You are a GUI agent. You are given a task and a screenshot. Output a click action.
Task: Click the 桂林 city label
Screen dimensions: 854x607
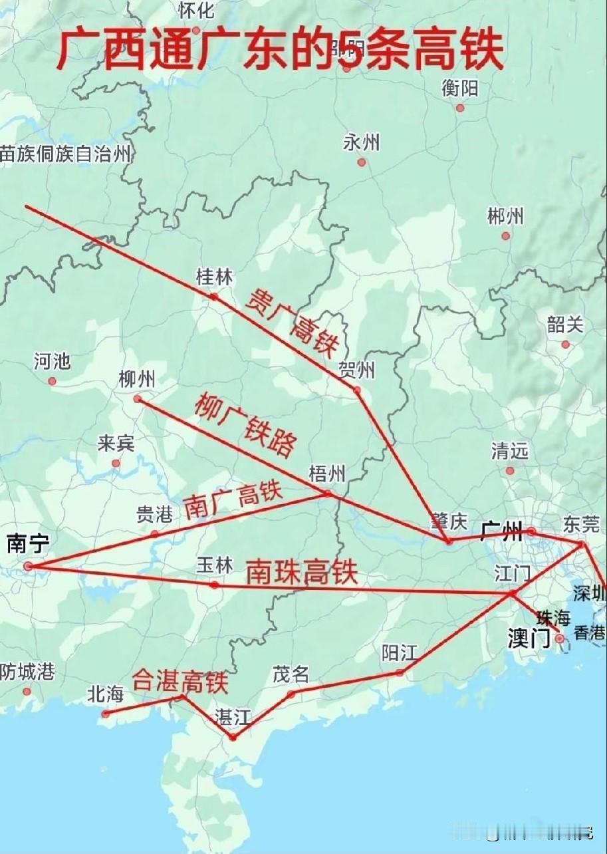pos(214,277)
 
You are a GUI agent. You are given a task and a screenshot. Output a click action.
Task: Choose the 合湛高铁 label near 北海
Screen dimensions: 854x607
pos(180,680)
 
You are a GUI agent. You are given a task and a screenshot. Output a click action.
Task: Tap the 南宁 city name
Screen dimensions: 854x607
pos(29,543)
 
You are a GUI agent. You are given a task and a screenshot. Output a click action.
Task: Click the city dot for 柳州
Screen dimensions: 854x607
pos(138,399)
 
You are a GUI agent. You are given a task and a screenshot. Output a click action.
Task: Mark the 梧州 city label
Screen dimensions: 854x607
pos(327,474)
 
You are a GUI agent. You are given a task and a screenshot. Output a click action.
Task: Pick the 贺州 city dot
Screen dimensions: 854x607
pos(357,390)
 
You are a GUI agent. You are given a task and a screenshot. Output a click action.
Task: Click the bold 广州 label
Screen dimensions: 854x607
pos(501,531)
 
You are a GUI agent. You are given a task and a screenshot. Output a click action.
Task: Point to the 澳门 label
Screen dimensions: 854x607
pos(529,639)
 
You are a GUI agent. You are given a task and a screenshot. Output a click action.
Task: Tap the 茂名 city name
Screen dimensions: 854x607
pos(291,674)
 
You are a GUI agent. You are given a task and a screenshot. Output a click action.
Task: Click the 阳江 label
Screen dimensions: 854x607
pos(399,653)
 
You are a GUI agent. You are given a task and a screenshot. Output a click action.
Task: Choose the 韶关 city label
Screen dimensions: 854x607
pos(565,325)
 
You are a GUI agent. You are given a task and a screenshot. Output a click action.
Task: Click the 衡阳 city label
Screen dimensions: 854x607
pos(460,88)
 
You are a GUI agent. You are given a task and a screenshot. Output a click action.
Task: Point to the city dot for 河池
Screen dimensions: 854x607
pos(52,382)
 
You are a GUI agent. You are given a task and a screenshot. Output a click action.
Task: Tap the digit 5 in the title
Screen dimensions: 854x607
pos(350,52)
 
